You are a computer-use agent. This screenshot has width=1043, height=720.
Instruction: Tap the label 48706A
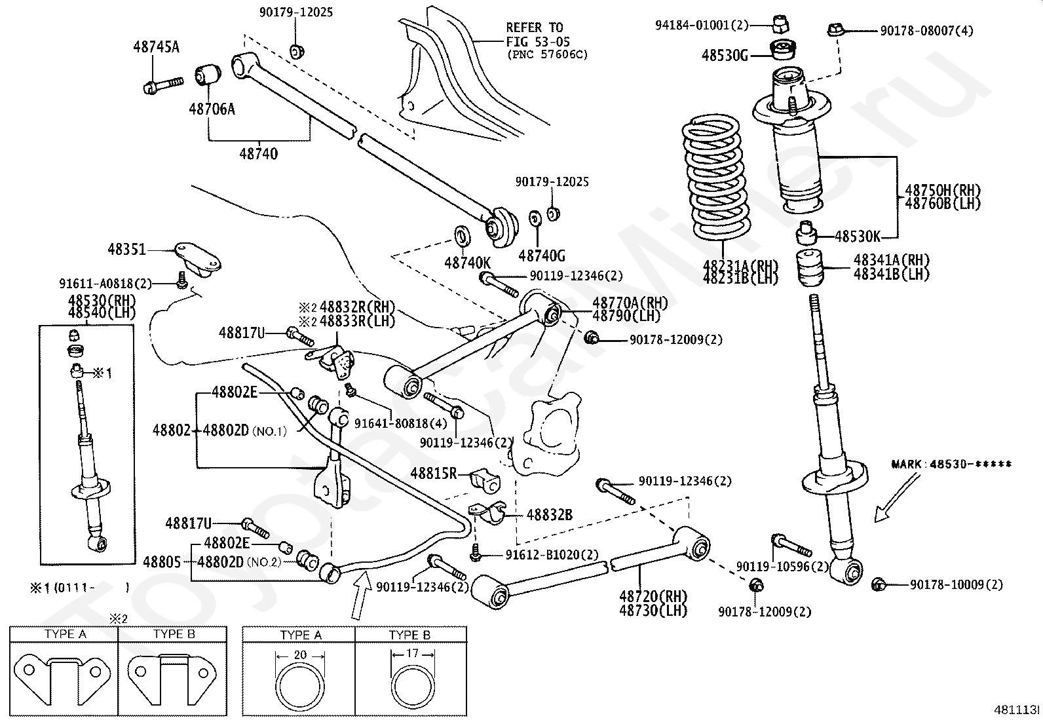212,109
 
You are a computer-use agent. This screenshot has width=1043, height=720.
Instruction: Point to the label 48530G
725,55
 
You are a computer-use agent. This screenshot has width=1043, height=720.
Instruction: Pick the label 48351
127,250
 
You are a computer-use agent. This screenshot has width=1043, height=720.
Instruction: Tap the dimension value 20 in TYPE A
300,654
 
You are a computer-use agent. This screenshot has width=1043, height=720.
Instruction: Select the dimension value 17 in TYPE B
412,653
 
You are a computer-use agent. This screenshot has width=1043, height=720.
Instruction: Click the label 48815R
433,472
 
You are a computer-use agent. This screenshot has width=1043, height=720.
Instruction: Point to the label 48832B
549,515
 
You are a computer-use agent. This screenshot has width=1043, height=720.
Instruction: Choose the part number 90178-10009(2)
956,584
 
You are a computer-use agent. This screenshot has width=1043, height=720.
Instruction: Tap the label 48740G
541,256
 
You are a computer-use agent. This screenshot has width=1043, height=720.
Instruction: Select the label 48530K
858,236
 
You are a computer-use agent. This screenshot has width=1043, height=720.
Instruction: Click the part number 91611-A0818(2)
105,283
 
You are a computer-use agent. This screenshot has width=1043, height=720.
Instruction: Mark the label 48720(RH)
653,597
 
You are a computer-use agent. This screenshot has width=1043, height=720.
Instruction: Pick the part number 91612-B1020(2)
552,554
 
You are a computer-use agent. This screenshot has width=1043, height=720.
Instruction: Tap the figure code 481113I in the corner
1017,710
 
